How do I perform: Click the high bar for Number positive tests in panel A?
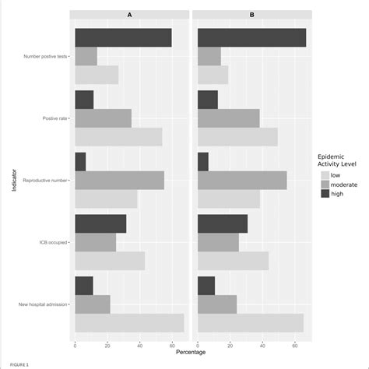[x=123, y=37]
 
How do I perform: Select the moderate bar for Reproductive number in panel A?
[x=119, y=181]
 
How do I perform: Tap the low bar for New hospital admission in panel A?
[x=129, y=323]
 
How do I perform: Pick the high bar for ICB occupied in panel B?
[x=223, y=223]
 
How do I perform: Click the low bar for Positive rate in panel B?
[x=237, y=137]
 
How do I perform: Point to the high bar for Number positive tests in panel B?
[x=251, y=37]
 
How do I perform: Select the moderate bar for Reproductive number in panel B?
[x=242, y=181]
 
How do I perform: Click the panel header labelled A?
[x=130, y=14]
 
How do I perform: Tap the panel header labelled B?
[x=252, y=14]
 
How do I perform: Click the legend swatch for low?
[x=325, y=175]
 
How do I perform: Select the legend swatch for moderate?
[x=325, y=184]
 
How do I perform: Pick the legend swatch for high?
[x=325, y=194]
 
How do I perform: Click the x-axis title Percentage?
[x=192, y=352]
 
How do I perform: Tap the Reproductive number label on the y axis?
[x=44, y=181]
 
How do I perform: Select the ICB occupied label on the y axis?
[x=52, y=243]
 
